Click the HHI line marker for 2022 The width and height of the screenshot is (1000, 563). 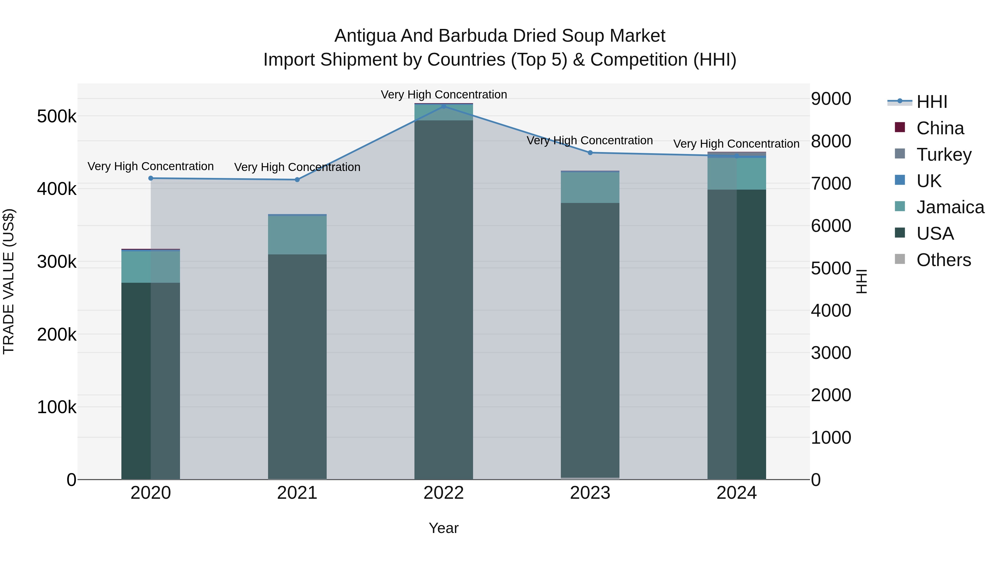pyautogui.click(x=444, y=106)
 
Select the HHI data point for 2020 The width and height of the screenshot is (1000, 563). pyautogui.click(x=151, y=178)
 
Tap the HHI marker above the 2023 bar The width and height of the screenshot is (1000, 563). pyautogui.click(x=590, y=153)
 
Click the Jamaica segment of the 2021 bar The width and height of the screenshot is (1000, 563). pyautogui.click(x=297, y=235)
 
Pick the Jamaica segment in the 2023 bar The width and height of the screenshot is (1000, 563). pyautogui.click(x=590, y=187)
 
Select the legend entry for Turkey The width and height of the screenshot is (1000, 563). pyautogui.click(x=943, y=154)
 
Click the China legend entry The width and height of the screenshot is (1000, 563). pyautogui.click(x=939, y=128)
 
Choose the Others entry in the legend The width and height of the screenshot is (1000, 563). pyautogui.click(x=943, y=260)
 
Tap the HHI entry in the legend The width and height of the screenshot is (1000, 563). pyautogui.click(x=931, y=102)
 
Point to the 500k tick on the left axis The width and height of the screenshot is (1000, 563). pyautogui.click(x=57, y=116)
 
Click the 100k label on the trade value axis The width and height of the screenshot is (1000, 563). pyautogui.click(x=57, y=407)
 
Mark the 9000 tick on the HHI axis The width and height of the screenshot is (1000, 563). pyautogui.click(x=831, y=99)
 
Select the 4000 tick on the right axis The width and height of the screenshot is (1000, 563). pyautogui.click(x=831, y=311)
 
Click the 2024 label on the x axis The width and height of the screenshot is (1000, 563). pyautogui.click(x=736, y=493)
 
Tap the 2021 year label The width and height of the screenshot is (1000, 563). pyautogui.click(x=297, y=493)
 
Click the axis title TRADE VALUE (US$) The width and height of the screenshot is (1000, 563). pyautogui.click(x=9, y=281)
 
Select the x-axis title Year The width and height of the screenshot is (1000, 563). pyautogui.click(x=444, y=528)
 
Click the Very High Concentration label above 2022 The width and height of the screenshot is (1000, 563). pyautogui.click(x=444, y=95)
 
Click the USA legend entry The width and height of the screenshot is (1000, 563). pyautogui.click(x=935, y=234)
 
